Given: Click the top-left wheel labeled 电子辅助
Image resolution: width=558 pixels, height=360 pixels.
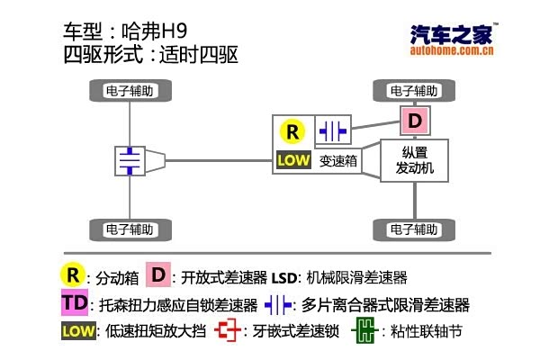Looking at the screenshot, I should coord(131,90).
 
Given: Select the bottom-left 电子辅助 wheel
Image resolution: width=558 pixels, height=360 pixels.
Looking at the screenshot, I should coord(131,229).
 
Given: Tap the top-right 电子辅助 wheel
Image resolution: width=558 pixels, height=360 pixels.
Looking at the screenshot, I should coord(414,90).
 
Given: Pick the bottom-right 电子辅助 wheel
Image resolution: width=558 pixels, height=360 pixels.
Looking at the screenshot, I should coord(414,229).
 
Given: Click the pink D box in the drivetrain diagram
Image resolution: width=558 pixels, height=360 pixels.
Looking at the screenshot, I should coord(414,120).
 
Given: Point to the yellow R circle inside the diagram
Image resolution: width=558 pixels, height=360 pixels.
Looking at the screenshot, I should coord(292,131).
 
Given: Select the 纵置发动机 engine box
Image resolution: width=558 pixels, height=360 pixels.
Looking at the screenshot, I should coord(414,160).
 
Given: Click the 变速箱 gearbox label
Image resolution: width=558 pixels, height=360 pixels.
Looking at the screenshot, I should coord(339,161).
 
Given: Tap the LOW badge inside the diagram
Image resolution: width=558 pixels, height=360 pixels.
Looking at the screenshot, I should coord(293,161).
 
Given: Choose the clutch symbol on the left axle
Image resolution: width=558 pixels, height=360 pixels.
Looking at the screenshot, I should coord(131,161).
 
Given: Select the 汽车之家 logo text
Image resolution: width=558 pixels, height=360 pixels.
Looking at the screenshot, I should coord(449,35).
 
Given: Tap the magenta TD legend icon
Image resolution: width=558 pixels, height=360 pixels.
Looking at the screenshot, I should coord(76,302).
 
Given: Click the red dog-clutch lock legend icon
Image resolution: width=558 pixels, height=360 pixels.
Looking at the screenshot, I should coord(229,331).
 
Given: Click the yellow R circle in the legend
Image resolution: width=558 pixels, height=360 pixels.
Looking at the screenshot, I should coord(72,274).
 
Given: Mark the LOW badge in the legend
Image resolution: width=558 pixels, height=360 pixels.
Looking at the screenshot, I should coord(78,330).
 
